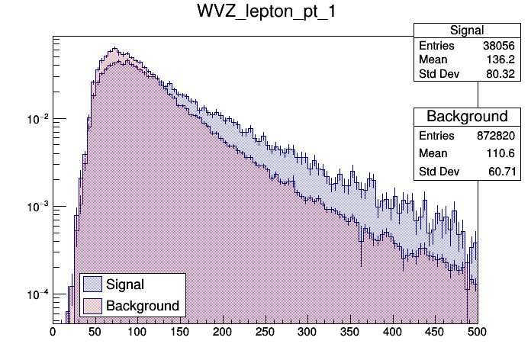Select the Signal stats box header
466,31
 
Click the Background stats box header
466,117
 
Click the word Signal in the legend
126,284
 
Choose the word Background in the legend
143,306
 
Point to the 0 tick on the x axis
53,332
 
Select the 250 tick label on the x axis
265,332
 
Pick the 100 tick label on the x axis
137,332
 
